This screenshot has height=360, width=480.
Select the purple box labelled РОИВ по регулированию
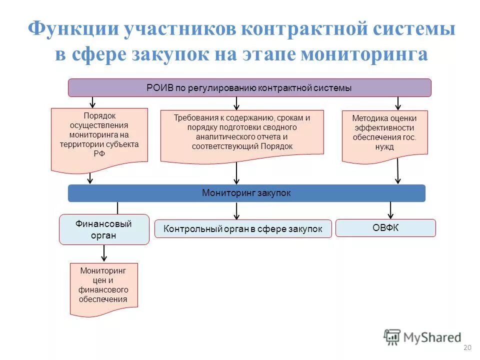[x=249, y=87]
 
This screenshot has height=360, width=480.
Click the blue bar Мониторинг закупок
[x=246, y=193]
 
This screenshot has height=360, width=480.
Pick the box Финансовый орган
[x=104, y=229]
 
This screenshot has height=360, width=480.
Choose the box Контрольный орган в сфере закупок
[x=243, y=229]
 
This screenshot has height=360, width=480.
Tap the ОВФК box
[x=385, y=228]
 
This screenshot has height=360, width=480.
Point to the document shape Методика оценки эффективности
[x=384, y=135]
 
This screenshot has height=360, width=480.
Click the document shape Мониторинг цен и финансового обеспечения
[x=103, y=287]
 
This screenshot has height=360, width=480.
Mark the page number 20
[x=468, y=348]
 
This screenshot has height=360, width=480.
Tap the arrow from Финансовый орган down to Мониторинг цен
[x=104, y=253]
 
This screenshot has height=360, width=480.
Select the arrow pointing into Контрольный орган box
[x=236, y=210]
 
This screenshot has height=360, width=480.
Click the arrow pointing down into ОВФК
[x=390, y=210]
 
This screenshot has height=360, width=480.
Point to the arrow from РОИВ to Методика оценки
[x=398, y=103]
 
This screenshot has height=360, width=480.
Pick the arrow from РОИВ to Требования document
[x=236, y=103]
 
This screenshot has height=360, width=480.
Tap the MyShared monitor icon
[x=392, y=336]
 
